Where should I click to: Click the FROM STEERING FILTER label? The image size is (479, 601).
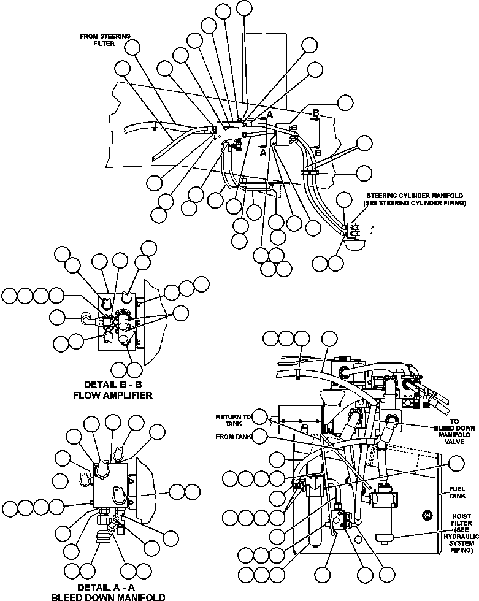coord(105,40)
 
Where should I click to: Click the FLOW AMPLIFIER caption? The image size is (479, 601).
coord(112,395)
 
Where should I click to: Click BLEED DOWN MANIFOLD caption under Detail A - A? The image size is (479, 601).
coord(107,597)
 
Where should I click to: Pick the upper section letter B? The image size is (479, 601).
coord(315,113)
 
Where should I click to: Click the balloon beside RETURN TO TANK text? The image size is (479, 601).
coord(261,417)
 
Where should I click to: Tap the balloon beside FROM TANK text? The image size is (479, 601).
coord(260,437)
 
